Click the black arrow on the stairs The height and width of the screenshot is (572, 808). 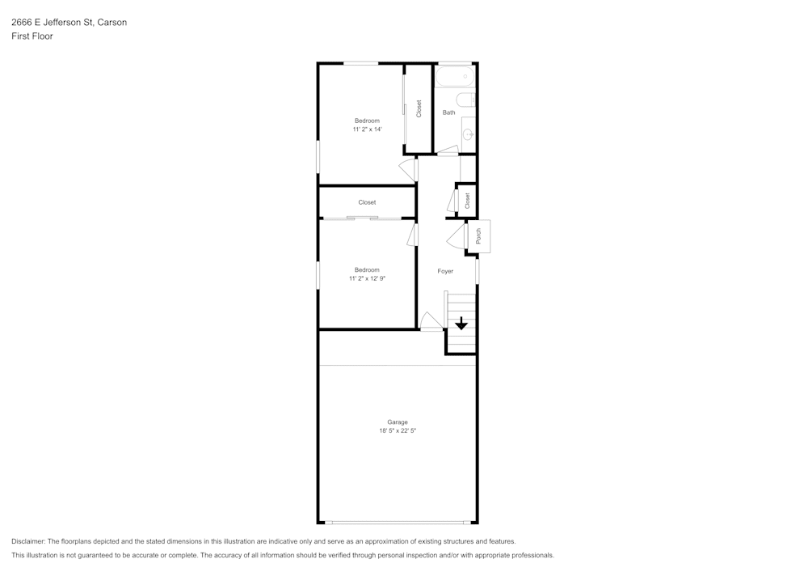tap(461, 324)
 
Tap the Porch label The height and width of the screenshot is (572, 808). tap(478, 236)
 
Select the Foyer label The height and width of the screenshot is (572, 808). tap(445, 272)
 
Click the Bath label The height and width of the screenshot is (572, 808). tap(448, 112)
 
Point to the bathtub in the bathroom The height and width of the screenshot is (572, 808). tap(454, 78)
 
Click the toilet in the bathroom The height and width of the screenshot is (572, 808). tap(465, 100)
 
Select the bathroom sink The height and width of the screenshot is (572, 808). tap(468, 134)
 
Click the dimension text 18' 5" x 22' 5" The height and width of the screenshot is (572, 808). tap(397, 431)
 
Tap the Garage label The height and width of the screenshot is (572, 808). tap(397, 422)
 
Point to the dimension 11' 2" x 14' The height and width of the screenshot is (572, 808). tap(367, 129)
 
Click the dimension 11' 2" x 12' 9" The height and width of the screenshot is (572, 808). tap(367, 279)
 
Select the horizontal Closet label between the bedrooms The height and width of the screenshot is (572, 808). tap(367, 202)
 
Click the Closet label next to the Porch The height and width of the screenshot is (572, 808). tap(467, 201)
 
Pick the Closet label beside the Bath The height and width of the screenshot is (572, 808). tap(419, 108)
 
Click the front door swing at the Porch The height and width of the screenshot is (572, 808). tap(456, 236)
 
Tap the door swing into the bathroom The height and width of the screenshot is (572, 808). tap(448, 150)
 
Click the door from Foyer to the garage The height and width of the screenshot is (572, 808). tap(431, 321)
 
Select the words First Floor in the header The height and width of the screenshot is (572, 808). tap(32, 36)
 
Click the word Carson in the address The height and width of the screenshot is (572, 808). tap(112, 23)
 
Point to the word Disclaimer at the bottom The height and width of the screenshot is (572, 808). tap(28, 541)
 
